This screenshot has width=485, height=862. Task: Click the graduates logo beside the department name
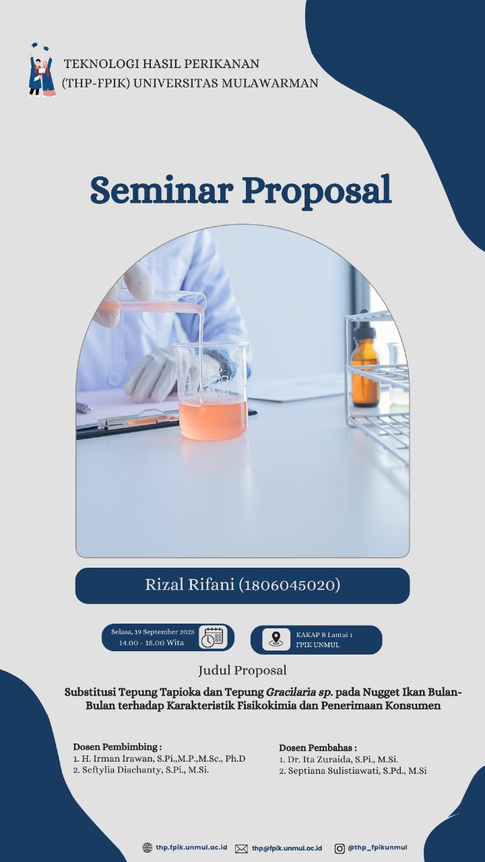(x=42, y=69)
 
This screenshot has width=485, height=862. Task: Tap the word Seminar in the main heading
(x=162, y=191)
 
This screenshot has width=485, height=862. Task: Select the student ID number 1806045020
(x=290, y=585)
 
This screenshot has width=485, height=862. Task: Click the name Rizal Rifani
(x=189, y=585)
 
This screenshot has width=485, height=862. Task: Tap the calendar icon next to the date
(x=213, y=638)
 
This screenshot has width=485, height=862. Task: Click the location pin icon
(x=276, y=640)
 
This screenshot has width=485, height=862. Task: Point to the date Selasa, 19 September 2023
(x=153, y=632)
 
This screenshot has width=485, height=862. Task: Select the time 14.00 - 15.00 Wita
(x=152, y=642)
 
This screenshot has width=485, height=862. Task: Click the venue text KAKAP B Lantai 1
(x=324, y=634)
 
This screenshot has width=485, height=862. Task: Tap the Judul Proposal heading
(x=243, y=670)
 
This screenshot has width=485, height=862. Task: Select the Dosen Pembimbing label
(x=117, y=747)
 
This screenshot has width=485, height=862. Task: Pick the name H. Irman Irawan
(x=117, y=758)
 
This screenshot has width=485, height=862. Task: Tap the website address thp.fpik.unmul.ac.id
(x=191, y=847)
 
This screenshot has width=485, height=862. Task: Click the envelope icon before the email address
(x=241, y=849)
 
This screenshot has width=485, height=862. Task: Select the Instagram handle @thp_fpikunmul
(x=377, y=847)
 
